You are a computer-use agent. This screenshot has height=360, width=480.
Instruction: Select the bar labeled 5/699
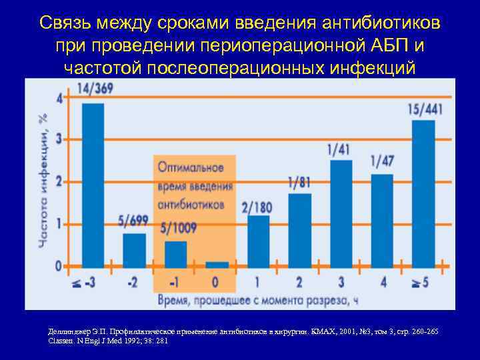tap(134, 249)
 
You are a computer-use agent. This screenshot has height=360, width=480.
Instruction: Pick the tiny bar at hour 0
tap(217, 264)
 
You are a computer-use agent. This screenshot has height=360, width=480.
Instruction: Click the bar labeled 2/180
tap(258, 241)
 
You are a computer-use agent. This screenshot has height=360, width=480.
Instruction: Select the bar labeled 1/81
tap(300, 230)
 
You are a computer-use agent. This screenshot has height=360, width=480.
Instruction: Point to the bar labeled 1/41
tap(341, 213)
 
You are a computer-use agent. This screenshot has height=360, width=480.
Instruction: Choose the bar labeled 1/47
tap(382, 220)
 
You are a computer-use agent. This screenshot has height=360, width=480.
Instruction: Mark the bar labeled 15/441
tap(424, 193)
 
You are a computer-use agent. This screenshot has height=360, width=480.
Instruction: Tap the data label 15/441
tap(424, 108)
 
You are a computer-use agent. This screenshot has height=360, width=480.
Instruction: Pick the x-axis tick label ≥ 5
tap(421, 282)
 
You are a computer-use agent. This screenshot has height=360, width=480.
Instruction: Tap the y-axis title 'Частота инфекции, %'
tap(43, 180)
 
